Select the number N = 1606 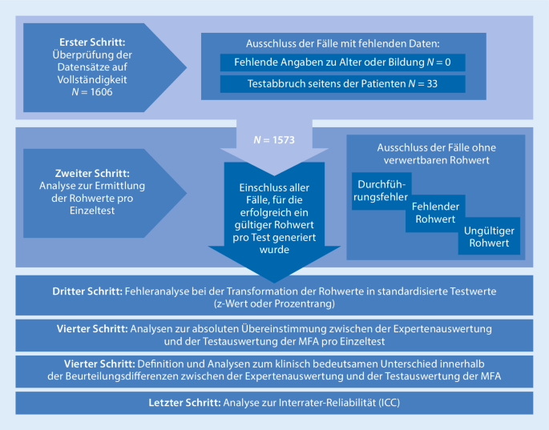tap(91, 91)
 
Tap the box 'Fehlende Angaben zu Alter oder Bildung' tap(341, 62)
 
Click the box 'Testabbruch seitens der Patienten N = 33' tap(341, 83)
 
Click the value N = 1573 tap(274, 139)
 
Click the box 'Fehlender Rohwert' tap(434, 213)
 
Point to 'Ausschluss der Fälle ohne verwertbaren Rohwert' tap(435, 154)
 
